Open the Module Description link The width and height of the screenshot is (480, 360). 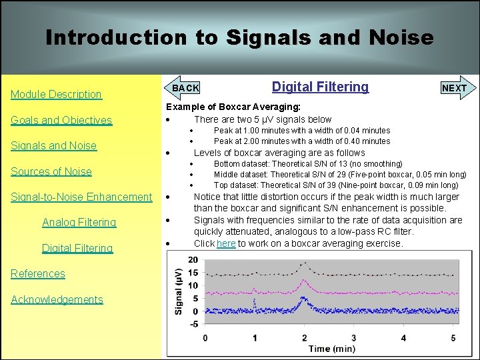[x=56, y=95]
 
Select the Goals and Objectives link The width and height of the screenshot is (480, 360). [x=61, y=121]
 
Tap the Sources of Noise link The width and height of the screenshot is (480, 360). [x=51, y=171]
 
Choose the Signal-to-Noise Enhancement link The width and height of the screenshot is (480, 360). [x=81, y=197]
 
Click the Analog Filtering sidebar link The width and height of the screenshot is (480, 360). [x=79, y=223]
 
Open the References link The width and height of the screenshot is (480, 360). [x=38, y=273]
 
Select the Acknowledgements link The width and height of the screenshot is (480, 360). [x=57, y=299]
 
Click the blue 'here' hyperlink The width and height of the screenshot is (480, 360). [x=226, y=244]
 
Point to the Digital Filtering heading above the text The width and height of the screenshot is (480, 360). [x=320, y=87]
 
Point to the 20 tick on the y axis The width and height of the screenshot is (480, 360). [x=192, y=260]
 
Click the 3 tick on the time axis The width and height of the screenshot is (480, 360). [x=354, y=337]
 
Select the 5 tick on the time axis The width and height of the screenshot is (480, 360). [x=453, y=337]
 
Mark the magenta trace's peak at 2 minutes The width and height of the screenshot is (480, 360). [x=305, y=283]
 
